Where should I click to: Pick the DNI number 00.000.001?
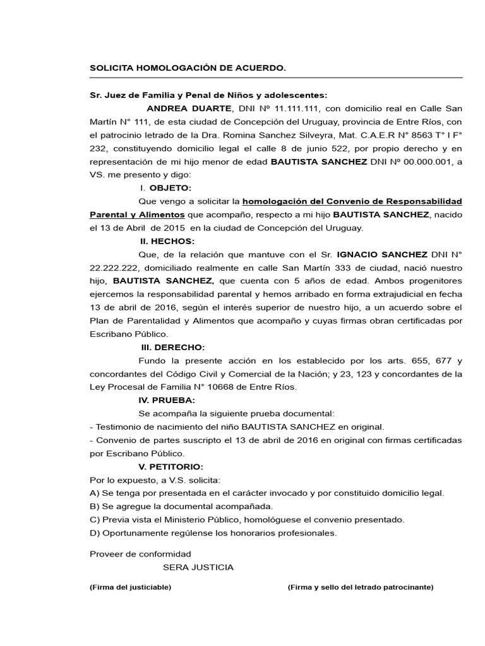pyautogui.click(x=409, y=161)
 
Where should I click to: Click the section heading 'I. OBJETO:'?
pyautogui.click(x=165, y=188)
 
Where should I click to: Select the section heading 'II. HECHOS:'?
pyautogui.click(x=167, y=241)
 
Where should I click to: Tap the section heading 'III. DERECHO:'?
pyautogui.click(x=172, y=347)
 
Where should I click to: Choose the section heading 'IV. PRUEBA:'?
pyautogui.click(x=167, y=400)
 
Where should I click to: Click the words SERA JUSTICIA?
pyautogui.click(x=198, y=567)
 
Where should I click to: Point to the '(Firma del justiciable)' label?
pyautogui.click(x=130, y=587)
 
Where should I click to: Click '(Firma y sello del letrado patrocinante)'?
pyautogui.click(x=360, y=587)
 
